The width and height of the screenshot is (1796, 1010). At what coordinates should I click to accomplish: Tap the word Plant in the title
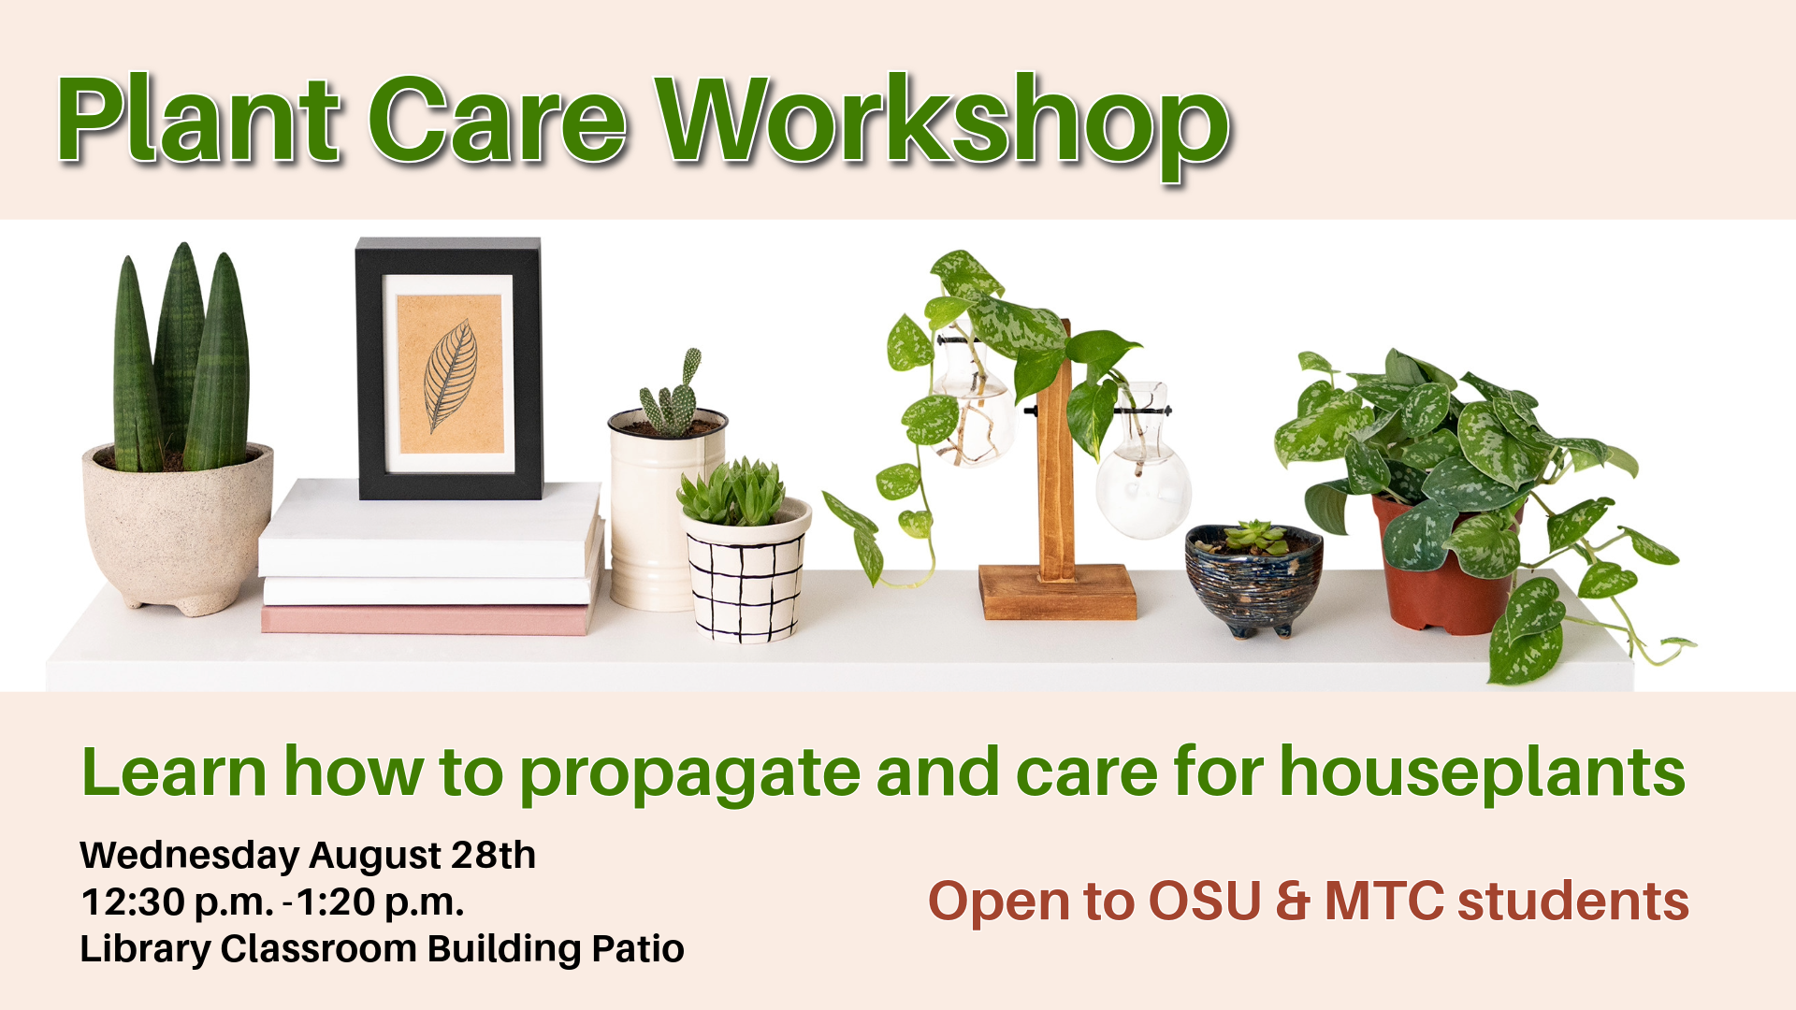pyautogui.click(x=198, y=120)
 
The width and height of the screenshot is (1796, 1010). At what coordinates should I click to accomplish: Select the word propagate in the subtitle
pyautogui.click(x=689, y=775)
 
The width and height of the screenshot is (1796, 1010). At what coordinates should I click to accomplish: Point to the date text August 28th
pyautogui.click(x=423, y=855)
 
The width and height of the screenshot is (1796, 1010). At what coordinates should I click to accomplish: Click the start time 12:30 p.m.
pyautogui.click(x=178, y=902)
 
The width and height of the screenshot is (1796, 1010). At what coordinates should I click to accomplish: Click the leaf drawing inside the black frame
pyautogui.click(x=450, y=376)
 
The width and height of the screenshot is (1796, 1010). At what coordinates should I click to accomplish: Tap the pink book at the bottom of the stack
pyautogui.click(x=426, y=619)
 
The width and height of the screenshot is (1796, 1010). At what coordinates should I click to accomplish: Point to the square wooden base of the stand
pyautogui.click(x=1058, y=592)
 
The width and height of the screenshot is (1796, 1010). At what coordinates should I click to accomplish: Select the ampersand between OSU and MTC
pyautogui.click(x=1293, y=902)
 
